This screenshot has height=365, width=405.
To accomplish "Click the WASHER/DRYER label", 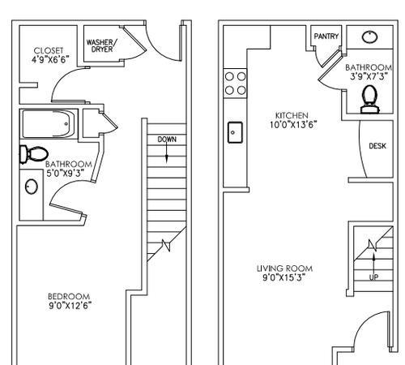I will tap(102, 45).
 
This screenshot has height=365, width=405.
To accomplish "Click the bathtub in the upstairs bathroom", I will tap(49, 126).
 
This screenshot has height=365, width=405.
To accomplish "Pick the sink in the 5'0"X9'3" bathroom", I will tap(32, 187).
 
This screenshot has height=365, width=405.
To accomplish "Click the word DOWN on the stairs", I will tap(167, 140).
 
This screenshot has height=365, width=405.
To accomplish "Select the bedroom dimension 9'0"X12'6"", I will tap(69, 306).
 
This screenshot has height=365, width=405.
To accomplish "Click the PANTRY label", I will tap(327, 36).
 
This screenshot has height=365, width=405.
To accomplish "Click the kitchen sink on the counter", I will tap(235, 131).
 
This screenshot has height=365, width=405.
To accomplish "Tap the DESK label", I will tap(377, 147).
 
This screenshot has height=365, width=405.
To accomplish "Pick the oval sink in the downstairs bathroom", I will tap(369, 36).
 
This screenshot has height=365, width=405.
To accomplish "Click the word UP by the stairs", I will tap(373, 277).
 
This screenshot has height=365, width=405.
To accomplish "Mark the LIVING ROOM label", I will tap(284, 268).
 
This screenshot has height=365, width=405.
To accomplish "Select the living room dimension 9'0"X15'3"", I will tap(284, 277).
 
